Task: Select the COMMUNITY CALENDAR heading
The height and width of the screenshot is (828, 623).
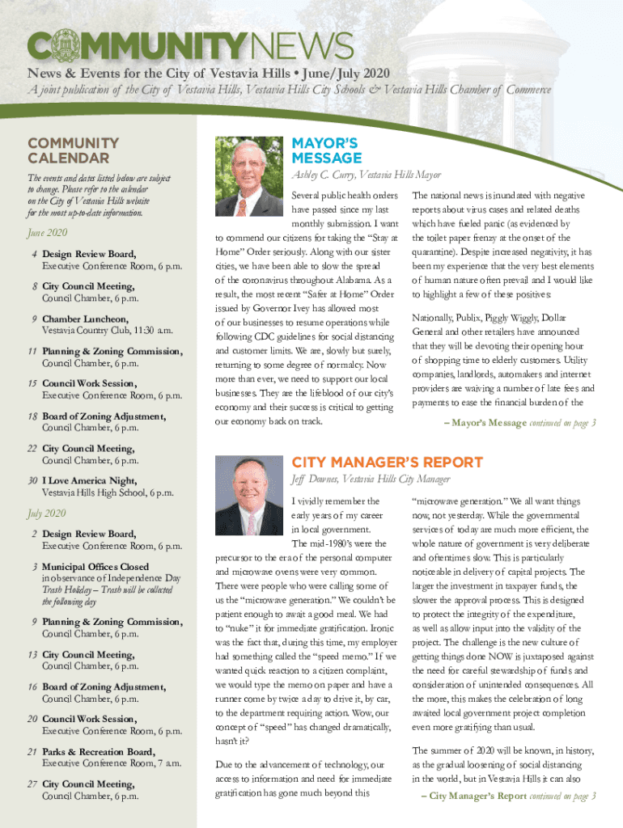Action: pos(74,150)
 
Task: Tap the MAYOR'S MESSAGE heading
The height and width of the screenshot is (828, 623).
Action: pos(327,150)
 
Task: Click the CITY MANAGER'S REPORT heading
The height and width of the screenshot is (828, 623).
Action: pos(388,463)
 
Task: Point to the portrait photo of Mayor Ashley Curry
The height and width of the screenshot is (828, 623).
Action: pos(248,177)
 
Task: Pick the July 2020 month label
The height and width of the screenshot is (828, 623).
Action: pos(47,513)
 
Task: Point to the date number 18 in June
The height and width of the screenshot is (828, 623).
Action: pos(33,416)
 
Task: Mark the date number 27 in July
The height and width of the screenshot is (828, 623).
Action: pos(33,784)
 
